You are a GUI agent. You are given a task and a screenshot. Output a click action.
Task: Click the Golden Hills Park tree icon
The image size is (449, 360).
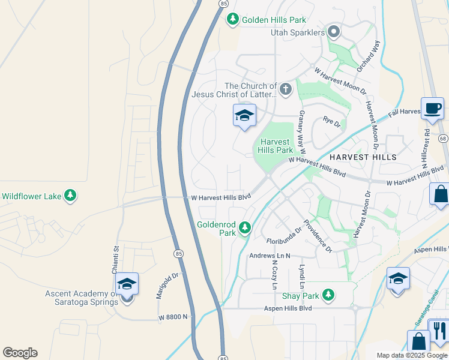(233, 20)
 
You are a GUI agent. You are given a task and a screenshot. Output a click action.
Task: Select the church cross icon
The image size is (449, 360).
(285, 90)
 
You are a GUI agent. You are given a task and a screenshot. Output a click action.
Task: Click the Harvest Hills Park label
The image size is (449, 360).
(276, 146)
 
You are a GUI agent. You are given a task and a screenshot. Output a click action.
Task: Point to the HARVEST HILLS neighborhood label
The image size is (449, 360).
(363, 157)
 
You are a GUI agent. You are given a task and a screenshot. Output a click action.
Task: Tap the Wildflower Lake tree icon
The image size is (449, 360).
(70, 196)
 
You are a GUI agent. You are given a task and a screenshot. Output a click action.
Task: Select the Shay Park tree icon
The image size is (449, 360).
(328, 295)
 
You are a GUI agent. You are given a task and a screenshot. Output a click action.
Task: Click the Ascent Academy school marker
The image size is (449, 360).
(127, 284)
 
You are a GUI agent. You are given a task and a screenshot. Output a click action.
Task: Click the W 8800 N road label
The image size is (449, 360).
(173, 316)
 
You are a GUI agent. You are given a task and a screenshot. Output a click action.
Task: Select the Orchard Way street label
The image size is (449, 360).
(368, 56)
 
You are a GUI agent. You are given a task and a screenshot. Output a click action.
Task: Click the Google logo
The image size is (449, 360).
(20, 353)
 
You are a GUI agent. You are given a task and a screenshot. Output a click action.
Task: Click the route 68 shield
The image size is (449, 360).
(443, 139)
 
